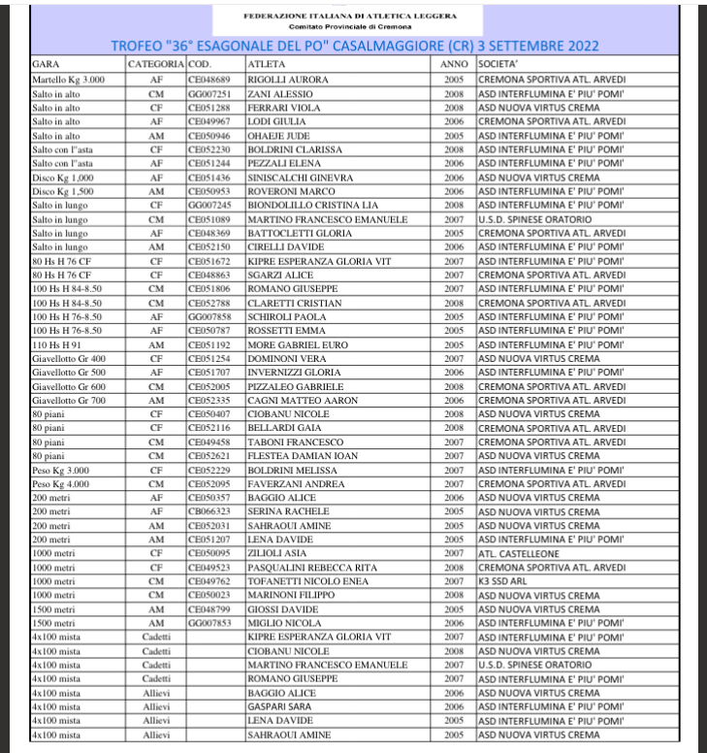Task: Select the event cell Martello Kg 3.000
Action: tap(64, 77)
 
